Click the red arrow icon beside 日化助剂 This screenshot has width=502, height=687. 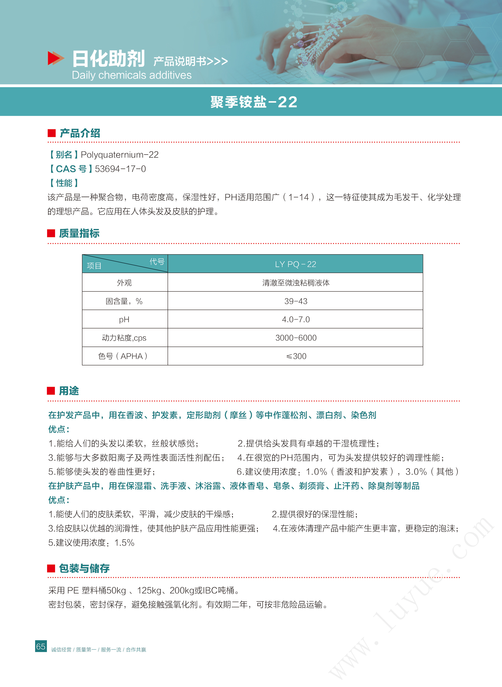click(56, 58)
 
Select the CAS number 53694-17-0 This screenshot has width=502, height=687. click(120, 169)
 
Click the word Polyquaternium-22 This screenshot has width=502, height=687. click(120, 155)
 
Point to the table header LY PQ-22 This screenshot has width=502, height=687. click(295, 264)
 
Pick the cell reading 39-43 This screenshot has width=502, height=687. click(295, 301)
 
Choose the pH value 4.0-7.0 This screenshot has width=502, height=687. click(295, 319)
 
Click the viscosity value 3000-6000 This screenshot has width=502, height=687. click(295, 338)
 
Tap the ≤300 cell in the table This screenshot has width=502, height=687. click(295, 356)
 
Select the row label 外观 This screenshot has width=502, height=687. click(125, 283)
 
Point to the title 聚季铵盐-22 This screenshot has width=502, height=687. click(254, 102)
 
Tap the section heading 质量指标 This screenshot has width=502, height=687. click(79, 233)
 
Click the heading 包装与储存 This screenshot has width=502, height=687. click(84, 568)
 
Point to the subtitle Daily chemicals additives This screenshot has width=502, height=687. click(131, 75)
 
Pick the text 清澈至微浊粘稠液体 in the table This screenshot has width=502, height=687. click(295, 283)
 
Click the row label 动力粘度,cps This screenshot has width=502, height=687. click(125, 338)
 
